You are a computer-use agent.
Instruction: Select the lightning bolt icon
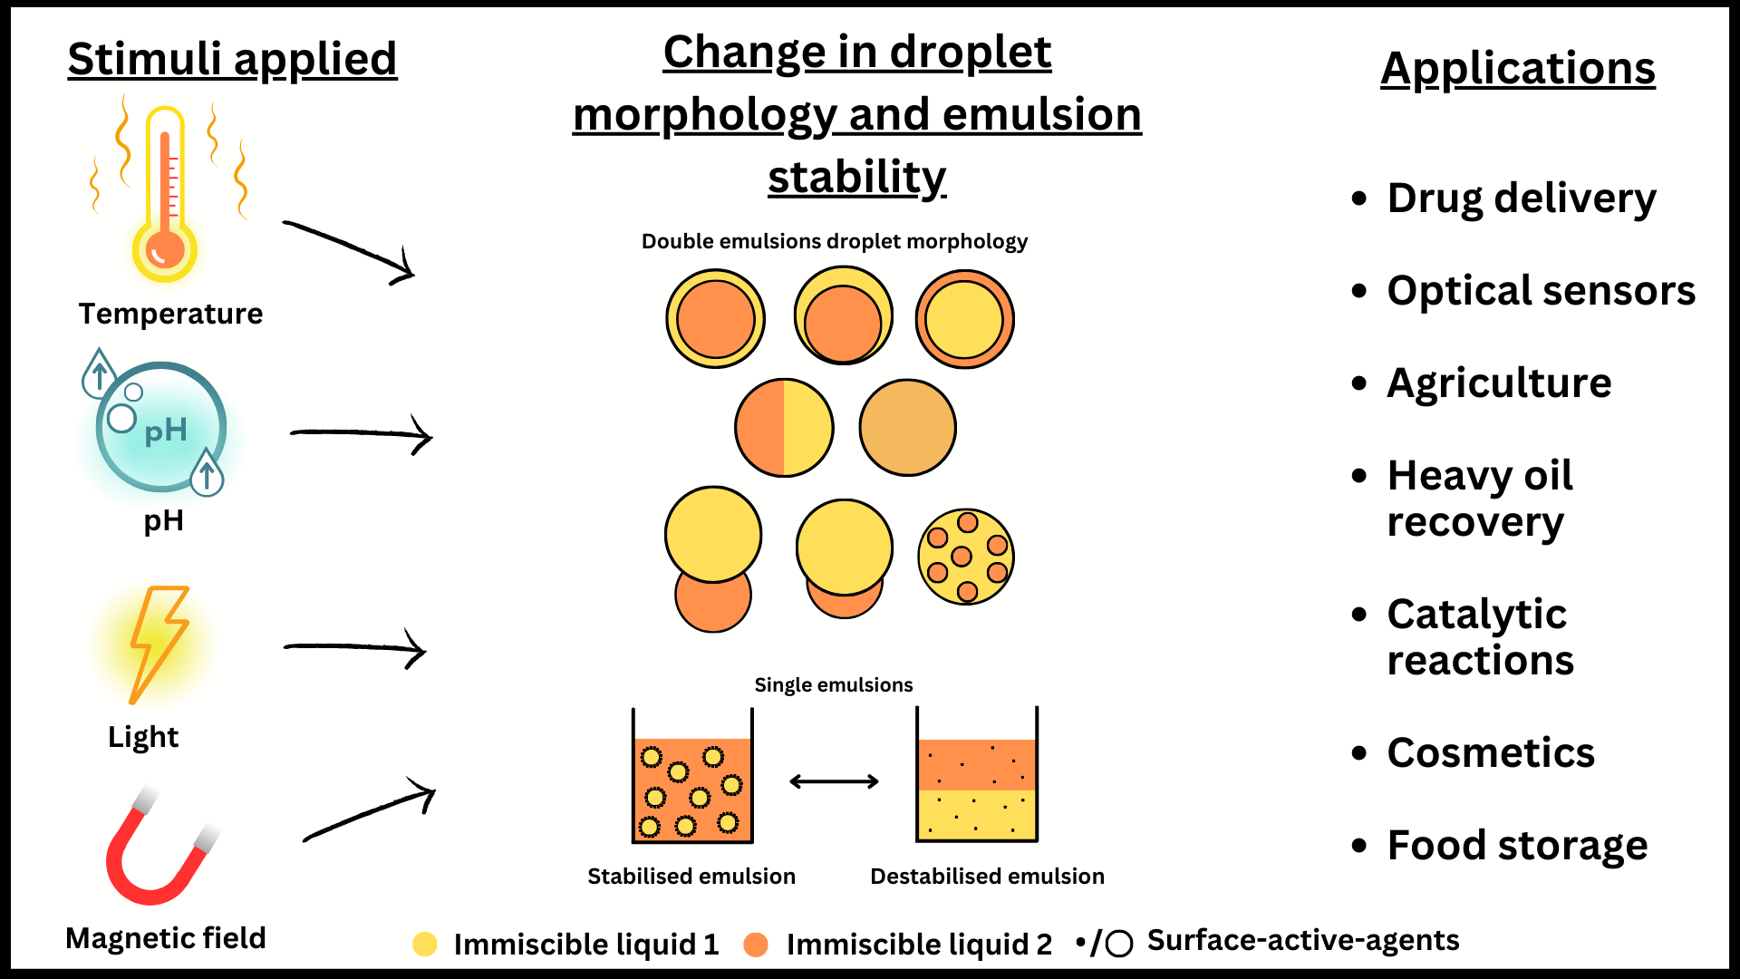click(x=158, y=645)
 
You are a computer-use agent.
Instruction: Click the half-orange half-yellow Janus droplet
click(x=784, y=428)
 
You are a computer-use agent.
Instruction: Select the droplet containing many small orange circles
click(x=966, y=557)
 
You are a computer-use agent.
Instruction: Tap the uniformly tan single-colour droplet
click(x=908, y=428)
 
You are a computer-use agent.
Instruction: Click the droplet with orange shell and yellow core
click(x=965, y=319)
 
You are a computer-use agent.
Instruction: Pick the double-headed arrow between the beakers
click(x=834, y=781)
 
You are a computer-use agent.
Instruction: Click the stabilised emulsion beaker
click(x=692, y=776)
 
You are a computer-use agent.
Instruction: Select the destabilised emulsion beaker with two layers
click(x=977, y=775)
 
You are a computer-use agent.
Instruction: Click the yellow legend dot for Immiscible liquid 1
click(x=425, y=945)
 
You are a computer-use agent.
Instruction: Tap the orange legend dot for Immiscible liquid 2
click(x=756, y=945)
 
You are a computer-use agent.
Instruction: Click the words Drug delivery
click(x=1522, y=199)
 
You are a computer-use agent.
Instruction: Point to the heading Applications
click(x=1518, y=69)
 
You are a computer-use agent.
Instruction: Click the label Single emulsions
click(x=834, y=685)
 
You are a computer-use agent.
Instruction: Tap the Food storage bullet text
click(x=1517, y=846)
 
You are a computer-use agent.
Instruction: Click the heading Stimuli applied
click(x=233, y=60)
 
